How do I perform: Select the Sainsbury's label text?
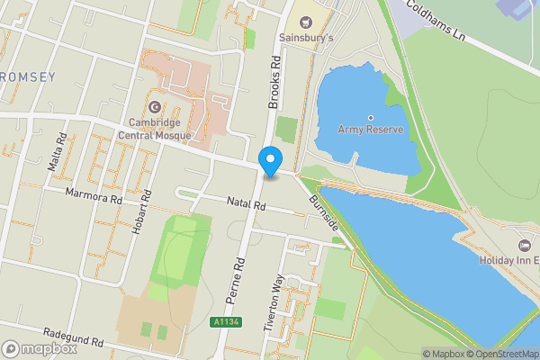click(305, 39)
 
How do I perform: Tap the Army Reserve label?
click(371, 130)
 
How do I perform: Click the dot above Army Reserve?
click(371, 117)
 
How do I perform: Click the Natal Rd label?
click(247, 206)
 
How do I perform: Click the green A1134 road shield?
click(227, 321)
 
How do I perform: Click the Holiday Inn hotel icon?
click(525, 245)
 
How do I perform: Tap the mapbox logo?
click(40, 348)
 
